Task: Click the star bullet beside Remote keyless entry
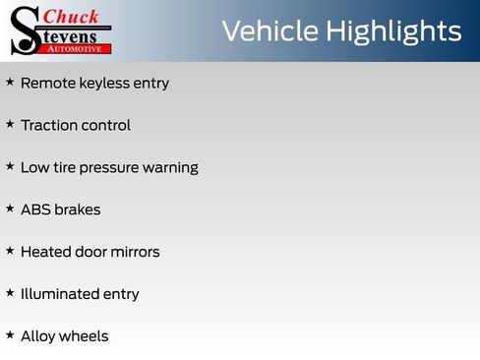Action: point(10,83)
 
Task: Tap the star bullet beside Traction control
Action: point(10,125)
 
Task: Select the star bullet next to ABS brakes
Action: point(10,210)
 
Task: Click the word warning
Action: point(170,168)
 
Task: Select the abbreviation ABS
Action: point(36,210)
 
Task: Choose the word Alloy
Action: point(37,336)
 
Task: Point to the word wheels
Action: point(85,336)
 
